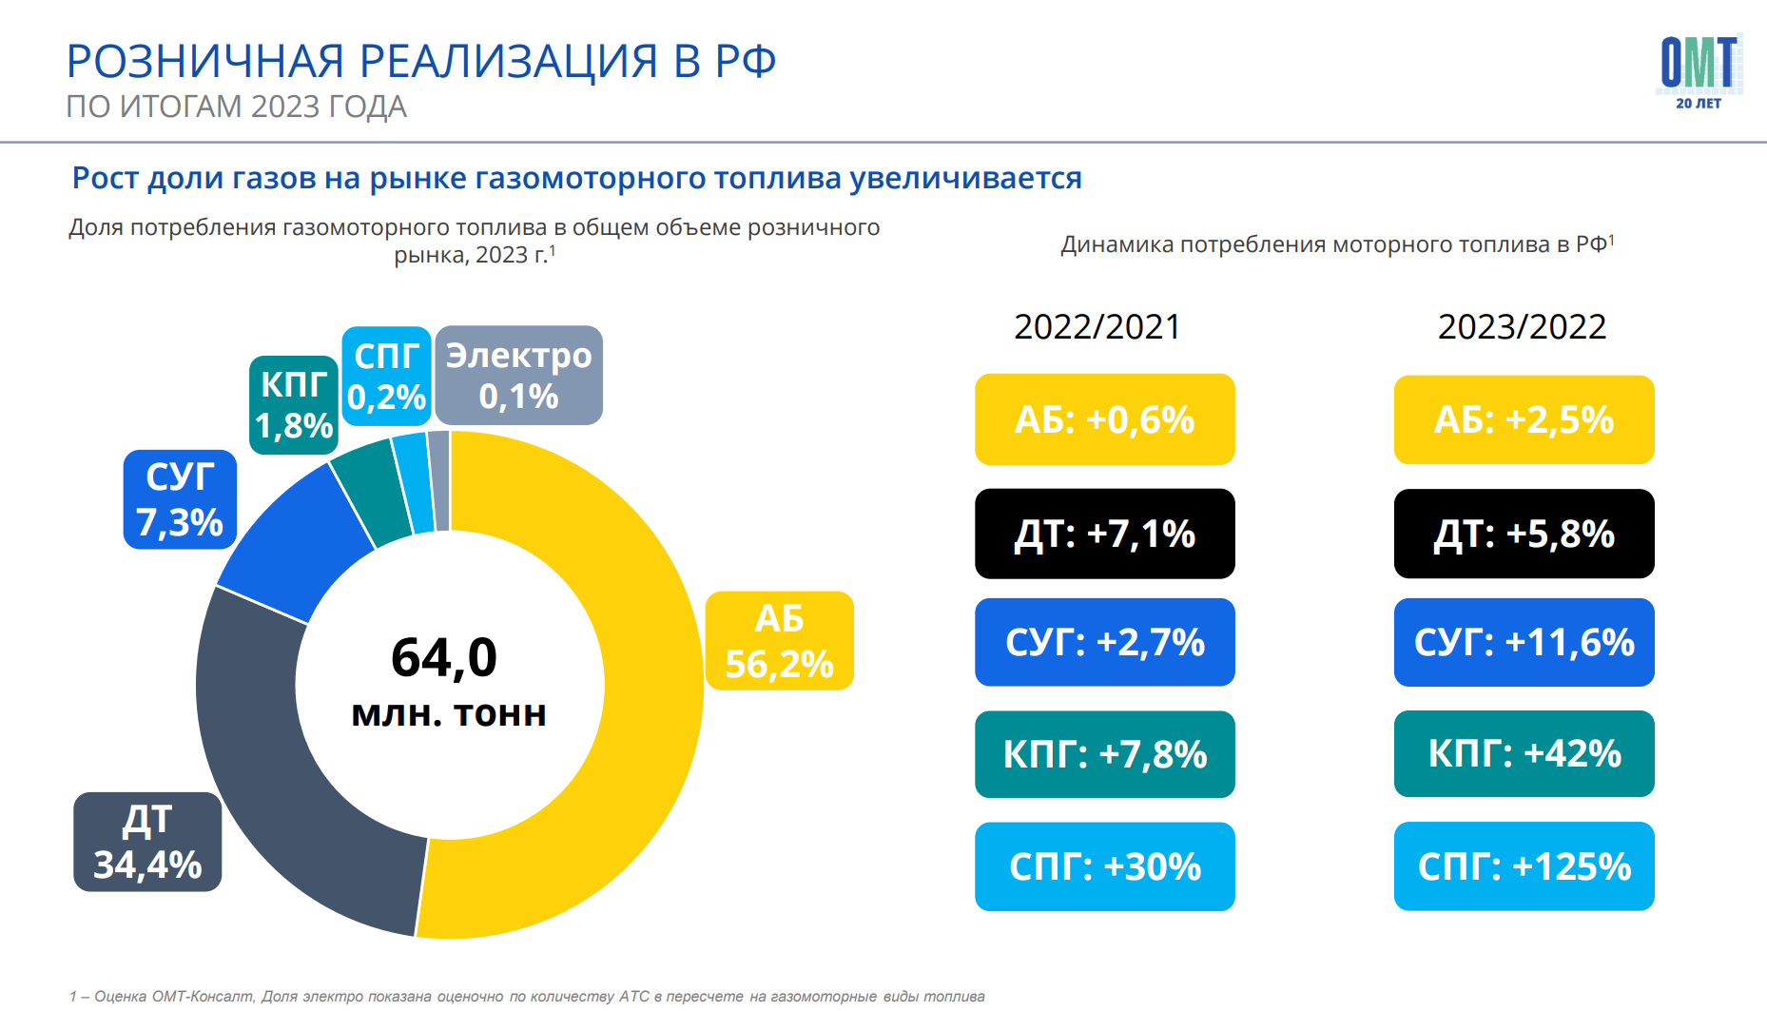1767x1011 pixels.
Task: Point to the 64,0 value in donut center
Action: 444,657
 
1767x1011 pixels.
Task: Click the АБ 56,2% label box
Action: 779,641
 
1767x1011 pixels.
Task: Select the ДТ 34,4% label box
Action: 147,842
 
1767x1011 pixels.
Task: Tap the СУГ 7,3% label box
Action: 180,499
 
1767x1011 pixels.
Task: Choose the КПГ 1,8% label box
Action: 294,405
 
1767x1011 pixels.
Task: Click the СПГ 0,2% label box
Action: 386,376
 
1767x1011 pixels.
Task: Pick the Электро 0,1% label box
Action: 519,376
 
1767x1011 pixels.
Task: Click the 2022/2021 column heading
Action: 1097,327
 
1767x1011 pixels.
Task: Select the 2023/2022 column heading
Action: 1522,327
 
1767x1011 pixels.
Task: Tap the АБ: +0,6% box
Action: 1105,419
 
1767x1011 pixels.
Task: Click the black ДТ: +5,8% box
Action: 1524,534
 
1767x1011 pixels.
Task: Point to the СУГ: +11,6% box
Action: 1524,642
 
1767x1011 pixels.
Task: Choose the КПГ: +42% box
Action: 1524,753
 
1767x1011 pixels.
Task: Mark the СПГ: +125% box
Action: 1524,866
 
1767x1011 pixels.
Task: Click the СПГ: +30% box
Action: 1105,866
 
